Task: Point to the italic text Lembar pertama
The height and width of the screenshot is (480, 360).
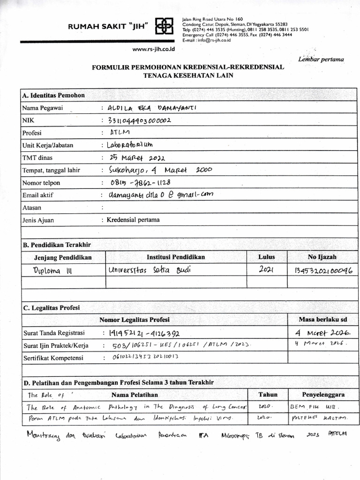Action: [321, 59]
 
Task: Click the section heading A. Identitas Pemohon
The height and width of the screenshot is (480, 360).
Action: [53, 95]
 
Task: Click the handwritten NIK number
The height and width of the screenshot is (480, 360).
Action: [140, 120]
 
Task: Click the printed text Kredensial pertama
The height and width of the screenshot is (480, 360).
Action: [133, 219]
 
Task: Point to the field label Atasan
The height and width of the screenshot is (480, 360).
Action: [32, 207]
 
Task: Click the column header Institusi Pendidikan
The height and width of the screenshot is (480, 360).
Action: [176, 257]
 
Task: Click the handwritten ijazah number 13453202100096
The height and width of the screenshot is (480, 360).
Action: [323, 270]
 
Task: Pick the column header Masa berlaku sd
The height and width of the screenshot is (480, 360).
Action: [322, 320]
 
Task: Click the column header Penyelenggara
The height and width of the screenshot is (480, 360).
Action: [323, 395]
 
